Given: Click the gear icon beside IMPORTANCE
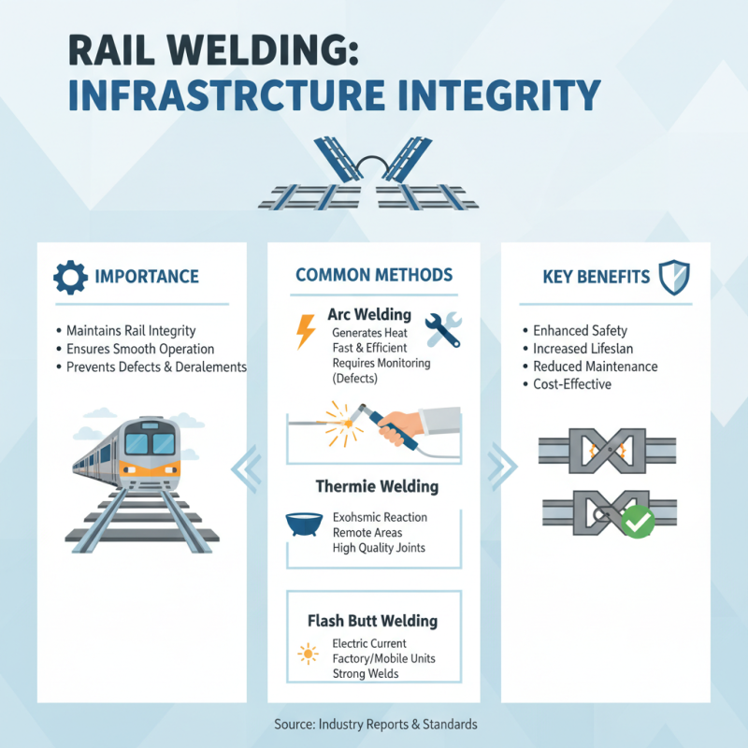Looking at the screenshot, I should pyautogui.click(x=70, y=278).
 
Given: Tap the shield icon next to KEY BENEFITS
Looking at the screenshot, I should pyautogui.click(x=674, y=277).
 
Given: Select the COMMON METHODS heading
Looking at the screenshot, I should pyautogui.click(x=374, y=275).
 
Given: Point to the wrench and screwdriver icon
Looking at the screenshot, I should pyautogui.click(x=442, y=330).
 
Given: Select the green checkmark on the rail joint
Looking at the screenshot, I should pyautogui.click(x=637, y=521).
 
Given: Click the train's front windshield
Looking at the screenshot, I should pyautogui.click(x=150, y=440).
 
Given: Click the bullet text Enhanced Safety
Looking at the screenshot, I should pyautogui.click(x=580, y=331).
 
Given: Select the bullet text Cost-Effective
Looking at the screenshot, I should pyautogui.click(x=572, y=384).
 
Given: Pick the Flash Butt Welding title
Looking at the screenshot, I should pyautogui.click(x=372, y=621).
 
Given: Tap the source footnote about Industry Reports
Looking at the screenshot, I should pyautogui.click(x=376, y=724).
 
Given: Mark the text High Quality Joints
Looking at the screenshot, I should pyautogui.click(x=379, y=548).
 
